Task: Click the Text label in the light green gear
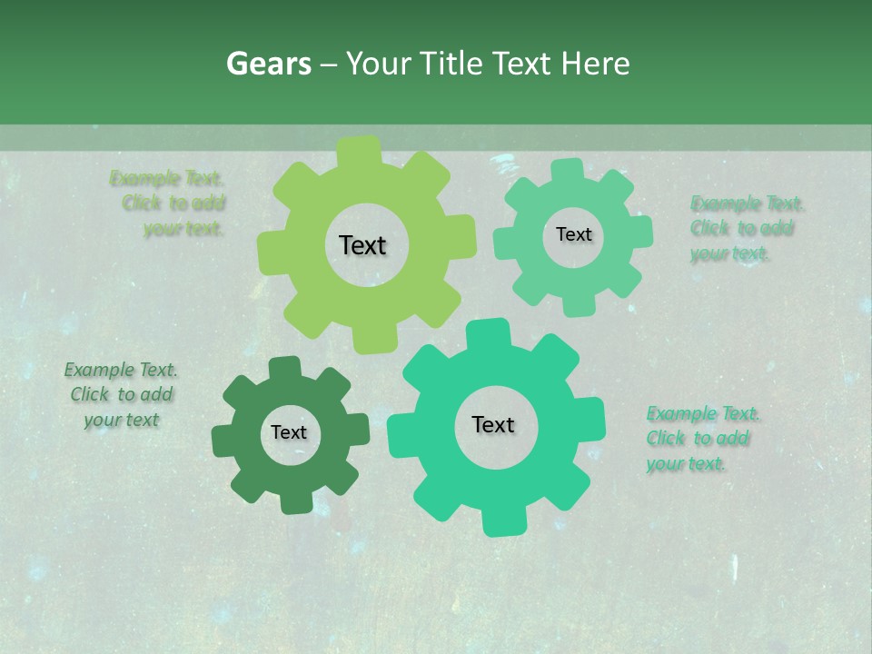point(362,245)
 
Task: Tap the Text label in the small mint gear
point(573,234)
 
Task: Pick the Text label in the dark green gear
point(289,432)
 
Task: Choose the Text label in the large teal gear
point(493,424)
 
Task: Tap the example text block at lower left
point(121,394)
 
